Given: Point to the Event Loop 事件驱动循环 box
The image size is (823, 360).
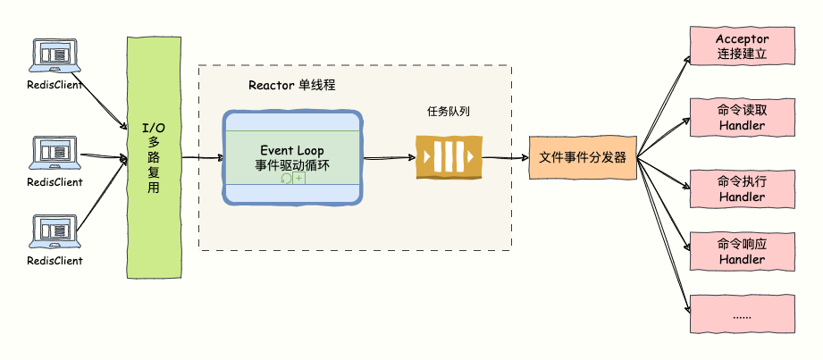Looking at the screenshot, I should pos(292,158).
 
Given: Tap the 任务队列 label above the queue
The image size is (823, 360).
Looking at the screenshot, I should pos(448,112).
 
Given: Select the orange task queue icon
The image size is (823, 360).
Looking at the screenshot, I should pos(449,158).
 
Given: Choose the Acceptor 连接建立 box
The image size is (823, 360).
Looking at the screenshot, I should pos(742,46).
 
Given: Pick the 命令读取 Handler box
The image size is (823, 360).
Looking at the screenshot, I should pos(742,117).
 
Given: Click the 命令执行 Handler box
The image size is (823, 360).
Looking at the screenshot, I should pos(742,188).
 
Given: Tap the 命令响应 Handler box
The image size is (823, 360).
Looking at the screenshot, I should pos(742,251).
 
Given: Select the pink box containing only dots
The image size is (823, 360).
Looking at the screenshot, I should pos(742,315).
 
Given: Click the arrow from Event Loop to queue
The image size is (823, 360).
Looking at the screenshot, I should pos(389,158).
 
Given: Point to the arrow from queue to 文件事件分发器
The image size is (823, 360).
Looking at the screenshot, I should pos(505,158).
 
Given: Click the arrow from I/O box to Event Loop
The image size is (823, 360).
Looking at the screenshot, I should pos(202,158).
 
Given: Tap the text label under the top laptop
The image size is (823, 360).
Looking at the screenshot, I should pos(54,86).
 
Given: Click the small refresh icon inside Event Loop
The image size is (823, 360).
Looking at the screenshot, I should pos(286,179).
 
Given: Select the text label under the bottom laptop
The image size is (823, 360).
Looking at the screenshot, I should pos(54,261).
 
